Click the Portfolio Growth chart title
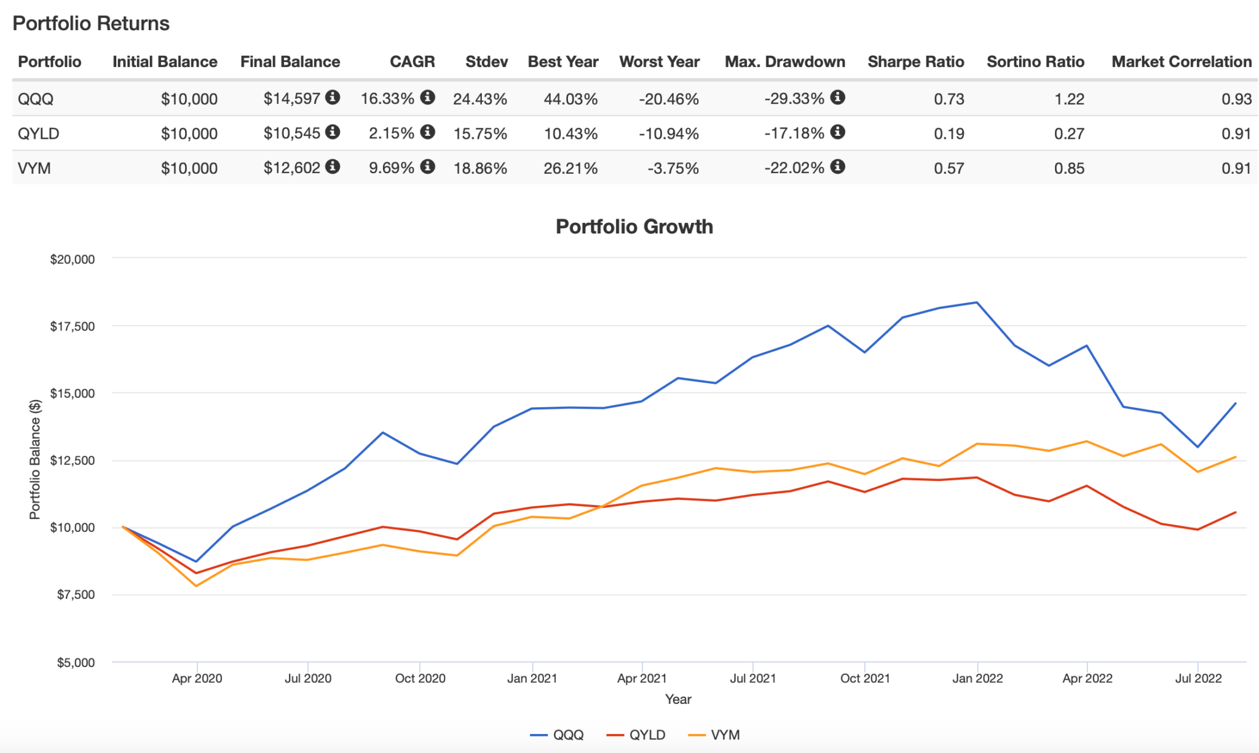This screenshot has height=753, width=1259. tap(634, 227)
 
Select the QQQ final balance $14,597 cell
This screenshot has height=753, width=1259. tap(291, 99)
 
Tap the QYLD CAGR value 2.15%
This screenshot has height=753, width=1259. tap(391, 133)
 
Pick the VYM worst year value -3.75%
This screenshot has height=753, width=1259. tap(673, 168)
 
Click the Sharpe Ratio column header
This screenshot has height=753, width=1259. tap(915, 62)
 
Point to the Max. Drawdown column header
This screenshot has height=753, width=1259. tap(784, 62)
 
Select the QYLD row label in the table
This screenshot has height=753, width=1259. tap(38, 133)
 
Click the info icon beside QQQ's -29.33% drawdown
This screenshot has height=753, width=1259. tap(837, 97)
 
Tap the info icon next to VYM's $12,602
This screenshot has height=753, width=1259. tap(333, 166)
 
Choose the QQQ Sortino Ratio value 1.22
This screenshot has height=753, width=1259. tap(1069, 99)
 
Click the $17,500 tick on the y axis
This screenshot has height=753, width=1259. tap(73, 326)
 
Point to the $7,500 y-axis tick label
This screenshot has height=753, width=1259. tap(76, 595)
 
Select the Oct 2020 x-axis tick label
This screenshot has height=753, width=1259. tap(420, 679)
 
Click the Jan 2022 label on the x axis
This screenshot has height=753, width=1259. tap(977, 679)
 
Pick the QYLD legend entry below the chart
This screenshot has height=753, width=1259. tap(637, 735)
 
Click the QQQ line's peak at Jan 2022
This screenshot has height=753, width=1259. tap(977, 302)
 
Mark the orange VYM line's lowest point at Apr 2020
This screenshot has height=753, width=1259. tap(197, 586)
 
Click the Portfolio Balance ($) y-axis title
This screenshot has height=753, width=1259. tap(35, 459)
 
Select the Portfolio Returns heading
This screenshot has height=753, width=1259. tap(91, 23)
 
